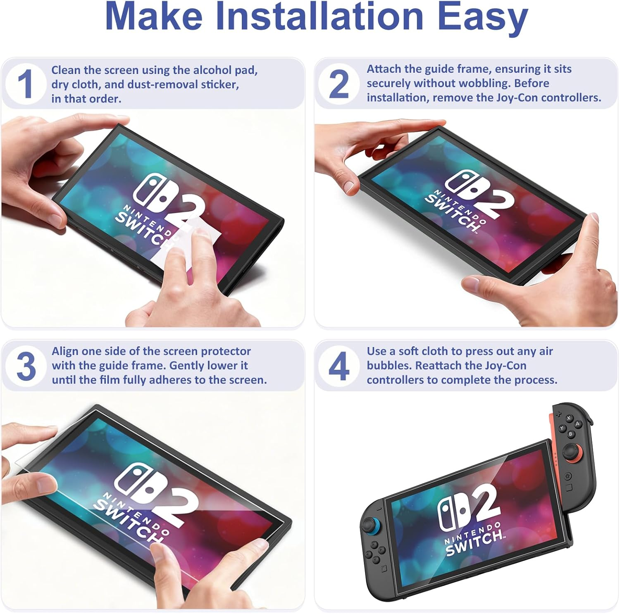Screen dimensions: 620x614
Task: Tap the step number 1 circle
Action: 26,84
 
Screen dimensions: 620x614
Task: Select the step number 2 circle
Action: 339,84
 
